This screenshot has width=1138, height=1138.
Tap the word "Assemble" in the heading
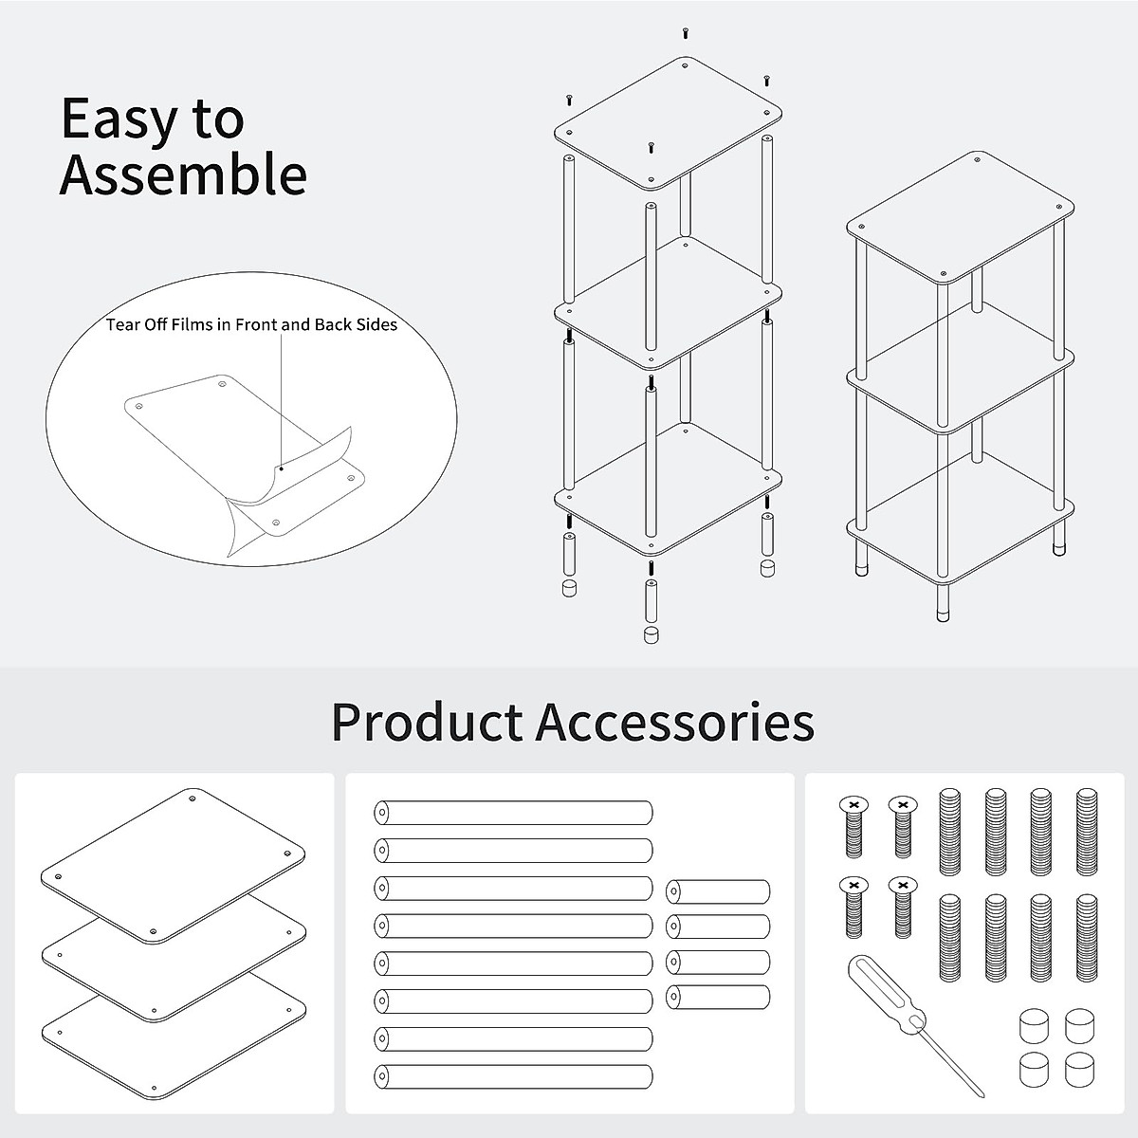click(x=183, y=174)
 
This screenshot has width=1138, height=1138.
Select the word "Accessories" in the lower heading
click(x=675, y=722)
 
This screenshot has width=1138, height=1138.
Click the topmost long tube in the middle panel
click(x=514, y=813)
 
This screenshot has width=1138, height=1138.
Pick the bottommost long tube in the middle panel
click(x=514, y=1077)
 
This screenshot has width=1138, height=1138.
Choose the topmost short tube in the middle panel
click(x=718, y=891)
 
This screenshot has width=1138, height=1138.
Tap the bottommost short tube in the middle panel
click(x=718, y=997)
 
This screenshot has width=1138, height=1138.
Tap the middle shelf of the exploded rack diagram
click(x=668, y=302)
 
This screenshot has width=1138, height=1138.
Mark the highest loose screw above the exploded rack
click(x=685, y=33)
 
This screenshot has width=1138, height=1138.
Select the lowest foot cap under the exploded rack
click(x=650, y=633)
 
